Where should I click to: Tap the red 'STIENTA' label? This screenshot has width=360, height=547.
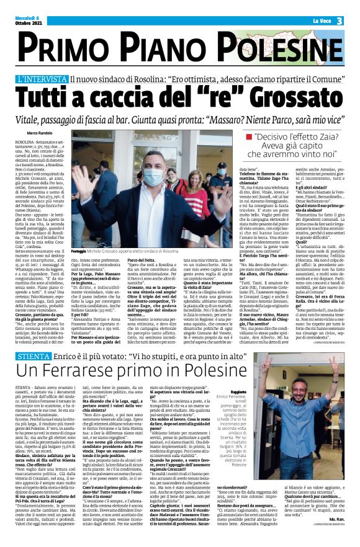click(x=34, y=340)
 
